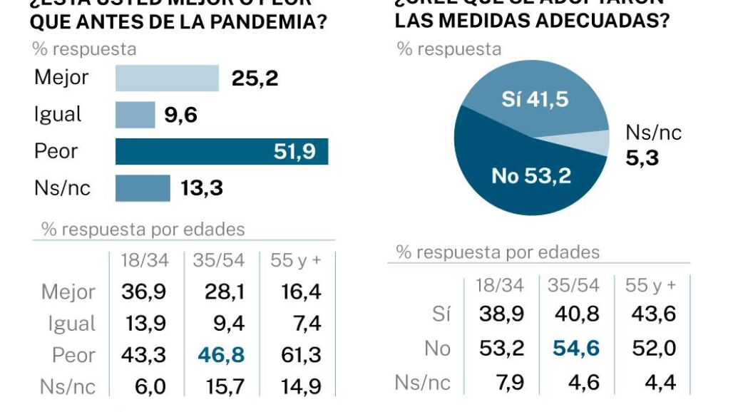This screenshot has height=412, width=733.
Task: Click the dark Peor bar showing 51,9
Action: [222, 151]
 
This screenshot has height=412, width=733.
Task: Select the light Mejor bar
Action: [167, 78]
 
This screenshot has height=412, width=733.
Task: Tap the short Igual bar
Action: [135, 114]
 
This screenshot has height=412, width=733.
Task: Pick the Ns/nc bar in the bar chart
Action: [143, 188]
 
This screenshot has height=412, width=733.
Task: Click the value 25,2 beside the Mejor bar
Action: [255, 78]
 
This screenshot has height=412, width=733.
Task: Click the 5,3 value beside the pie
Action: [642, 158]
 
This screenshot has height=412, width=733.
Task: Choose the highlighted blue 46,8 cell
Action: [220, 354]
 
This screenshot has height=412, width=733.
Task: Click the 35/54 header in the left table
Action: [219, 260]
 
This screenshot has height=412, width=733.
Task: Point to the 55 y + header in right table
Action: [650, 286]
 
